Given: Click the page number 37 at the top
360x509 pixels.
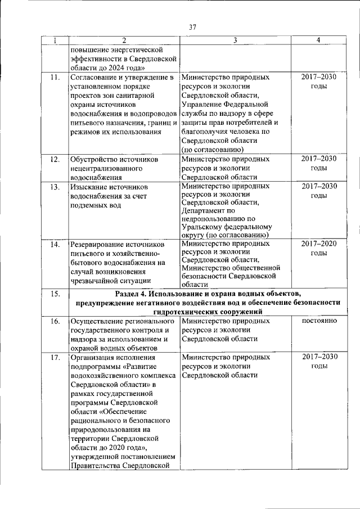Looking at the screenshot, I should click(192, 26).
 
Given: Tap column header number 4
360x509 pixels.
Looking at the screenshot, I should click(318, 40).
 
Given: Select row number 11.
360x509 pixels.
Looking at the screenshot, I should click(54, 78).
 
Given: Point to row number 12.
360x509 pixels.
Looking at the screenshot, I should click(55, 159).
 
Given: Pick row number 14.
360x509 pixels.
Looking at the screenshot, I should click(55, 245).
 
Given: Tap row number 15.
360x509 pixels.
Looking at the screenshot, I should click(55, 294).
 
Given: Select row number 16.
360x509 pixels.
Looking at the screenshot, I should click(55, 322).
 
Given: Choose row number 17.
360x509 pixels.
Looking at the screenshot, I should click(55, 357).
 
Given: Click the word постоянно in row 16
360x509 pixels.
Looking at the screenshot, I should click(319, 321).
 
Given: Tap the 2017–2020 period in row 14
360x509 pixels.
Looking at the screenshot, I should click(319, 244).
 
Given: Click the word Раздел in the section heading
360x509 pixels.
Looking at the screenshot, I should click(128, 294).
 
